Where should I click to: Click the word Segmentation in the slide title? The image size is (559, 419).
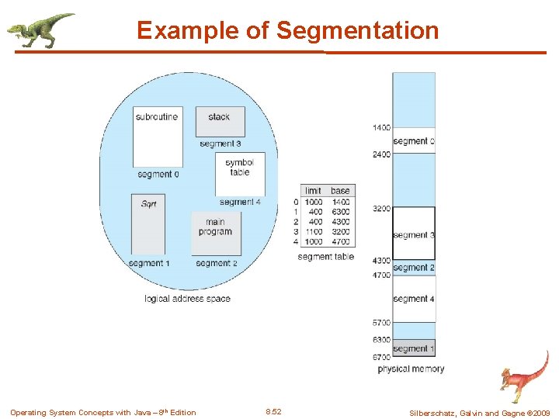point(357,31)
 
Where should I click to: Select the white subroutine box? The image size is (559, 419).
point(158,137)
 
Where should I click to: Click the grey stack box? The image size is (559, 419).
point(220,121)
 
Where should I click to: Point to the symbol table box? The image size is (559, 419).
point(240,173)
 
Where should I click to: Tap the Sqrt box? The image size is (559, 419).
point(148,224)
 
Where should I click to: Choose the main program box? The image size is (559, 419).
point(215,232)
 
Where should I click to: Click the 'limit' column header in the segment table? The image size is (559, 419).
point(313,191)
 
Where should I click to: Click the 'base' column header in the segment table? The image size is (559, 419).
point(340,191)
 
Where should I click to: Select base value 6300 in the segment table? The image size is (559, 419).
point(340,211)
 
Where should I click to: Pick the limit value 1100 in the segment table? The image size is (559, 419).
point(313,231)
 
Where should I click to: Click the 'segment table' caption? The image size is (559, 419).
point(325,257)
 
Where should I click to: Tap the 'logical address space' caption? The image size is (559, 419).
point(187,299)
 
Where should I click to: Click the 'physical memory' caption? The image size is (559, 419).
point(411,369)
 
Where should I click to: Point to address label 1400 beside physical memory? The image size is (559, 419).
point(380,127)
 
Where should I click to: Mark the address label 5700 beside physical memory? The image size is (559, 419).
point(380,323)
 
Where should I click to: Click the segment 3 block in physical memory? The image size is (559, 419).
point(413,234)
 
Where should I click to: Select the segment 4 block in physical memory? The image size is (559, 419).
point(413,299)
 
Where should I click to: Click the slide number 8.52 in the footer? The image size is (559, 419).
point(273,412)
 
